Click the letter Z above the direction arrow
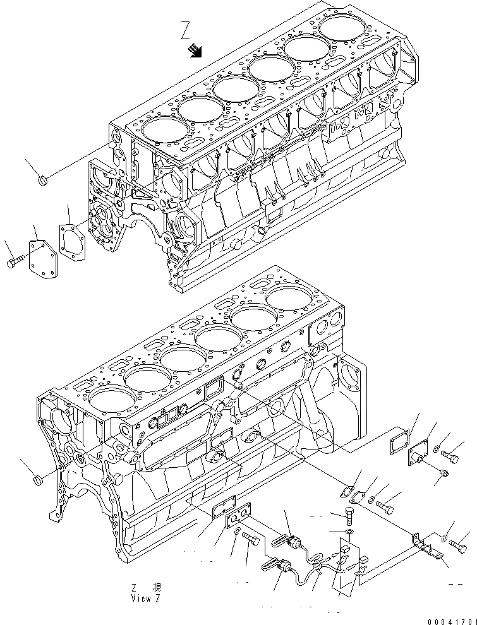point(184,29)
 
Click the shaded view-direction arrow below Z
point(196,51)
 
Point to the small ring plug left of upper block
point(44,182)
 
